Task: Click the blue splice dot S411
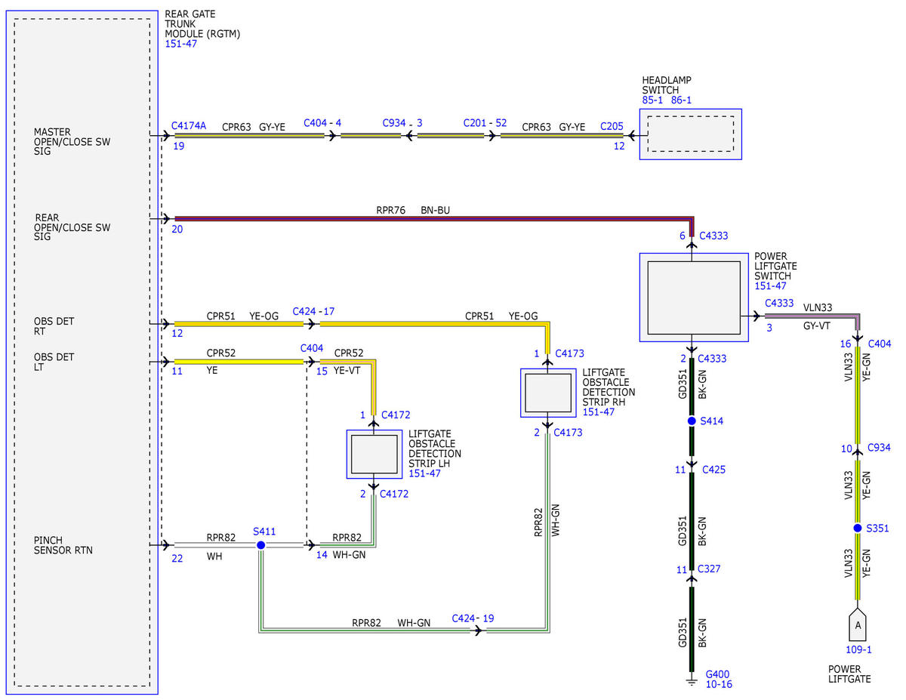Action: pyautogui.click(x=261, y=545)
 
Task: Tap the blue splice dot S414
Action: pyautogui.click(x=692, y=421)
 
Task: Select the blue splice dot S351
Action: pyautogui.click(x=858, y=529)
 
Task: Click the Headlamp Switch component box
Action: pyautogui.click(x=690, y=134)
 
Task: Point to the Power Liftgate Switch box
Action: pyautogui.click(x=694, y=298)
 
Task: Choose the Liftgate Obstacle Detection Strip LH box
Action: pyautogui.click(x=374, y=455)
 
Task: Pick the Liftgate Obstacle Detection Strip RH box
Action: pyautogui.click(x=548, y=393)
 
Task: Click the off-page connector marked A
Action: pyautogui.click(x=858, y=624)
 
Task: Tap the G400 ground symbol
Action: pyautogui.click(x=692, y=683)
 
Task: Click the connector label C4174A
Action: pyautogui.click(x=189, y=125)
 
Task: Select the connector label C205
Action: pyautogui.click(x=612, y=126)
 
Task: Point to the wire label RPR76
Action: pyautogui.click(x=390, y=210)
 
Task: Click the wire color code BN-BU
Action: pyautogui.click(x=436, y=210)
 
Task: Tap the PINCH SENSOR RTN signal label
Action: pyautogui.click(x=63, y=545)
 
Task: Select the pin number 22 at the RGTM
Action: pyautogui.click(x=177, y=558)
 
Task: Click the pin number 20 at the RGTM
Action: pyautogui.click(x=177, y=230)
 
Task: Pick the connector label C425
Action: pyautogui.click(x=713, y=470)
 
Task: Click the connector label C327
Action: pyautogui.click(x=709, y=569)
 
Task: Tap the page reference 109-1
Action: pyautogui.click(x=858, y=649)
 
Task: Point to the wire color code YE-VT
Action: pyautogui.click(x=347, y=370)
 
